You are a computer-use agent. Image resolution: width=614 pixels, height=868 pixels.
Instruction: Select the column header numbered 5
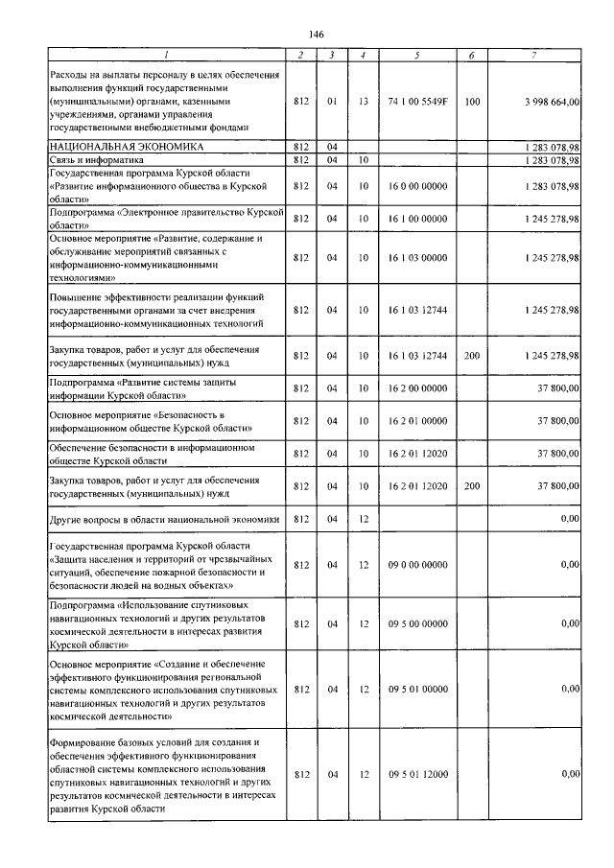point(417,55)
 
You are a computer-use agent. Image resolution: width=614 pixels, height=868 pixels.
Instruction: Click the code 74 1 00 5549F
point(417,100)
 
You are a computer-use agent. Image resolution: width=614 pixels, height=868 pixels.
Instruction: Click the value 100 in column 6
point(471,100)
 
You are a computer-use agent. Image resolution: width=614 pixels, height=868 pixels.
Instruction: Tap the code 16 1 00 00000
point(417,219)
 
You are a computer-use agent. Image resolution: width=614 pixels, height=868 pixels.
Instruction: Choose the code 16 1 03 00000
point(417,258)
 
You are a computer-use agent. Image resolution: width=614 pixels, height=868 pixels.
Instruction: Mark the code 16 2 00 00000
point(417,387)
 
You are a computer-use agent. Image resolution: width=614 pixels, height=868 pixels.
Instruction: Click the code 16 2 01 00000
point(417,420)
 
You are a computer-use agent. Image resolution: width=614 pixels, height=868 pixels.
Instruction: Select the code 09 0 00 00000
point(417,565)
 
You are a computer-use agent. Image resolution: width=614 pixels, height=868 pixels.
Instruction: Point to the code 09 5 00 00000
point(417,624)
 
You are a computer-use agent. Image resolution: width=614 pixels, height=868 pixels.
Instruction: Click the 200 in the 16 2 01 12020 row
point(471,486)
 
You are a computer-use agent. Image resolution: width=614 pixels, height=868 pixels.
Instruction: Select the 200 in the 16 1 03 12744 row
point(471,356)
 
